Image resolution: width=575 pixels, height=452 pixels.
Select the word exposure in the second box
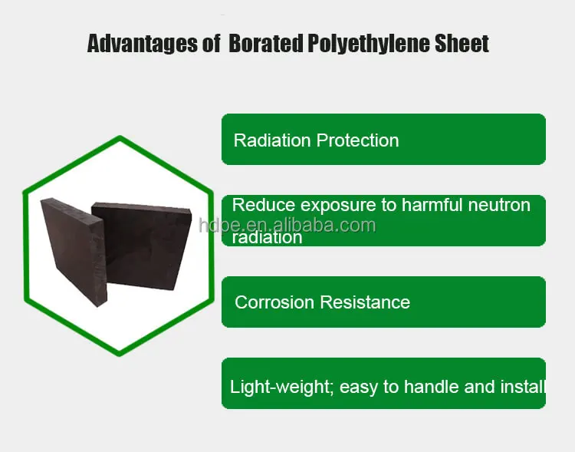[x=338, y=206]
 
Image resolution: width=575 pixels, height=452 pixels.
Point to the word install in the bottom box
[x=521, y=386]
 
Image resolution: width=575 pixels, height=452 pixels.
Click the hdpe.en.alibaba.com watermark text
[x=287, y=225]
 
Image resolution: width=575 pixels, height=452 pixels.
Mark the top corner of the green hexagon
[x=119, y=139]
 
